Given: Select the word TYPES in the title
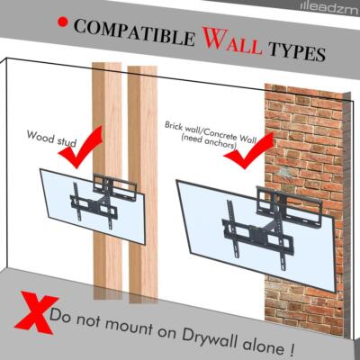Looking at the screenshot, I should coord(290,51).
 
